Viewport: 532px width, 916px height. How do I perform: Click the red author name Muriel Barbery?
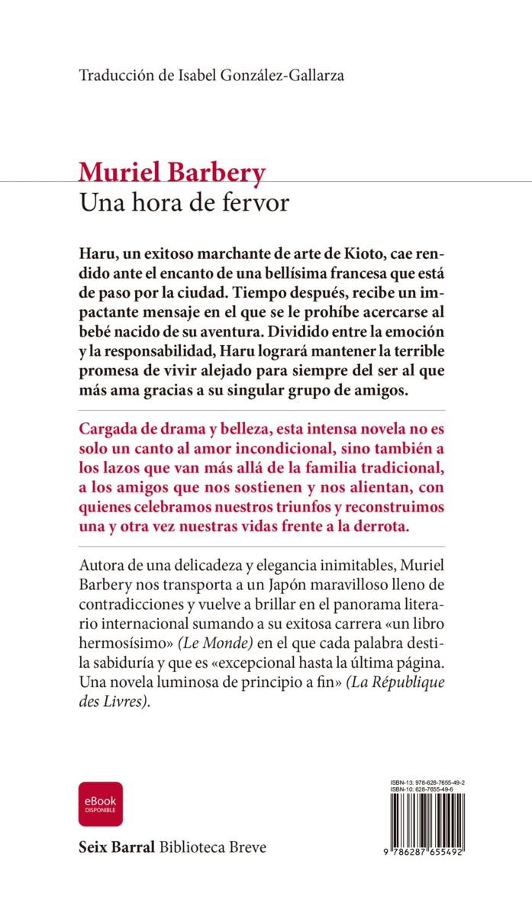pyautogui.click(x=172, y=173)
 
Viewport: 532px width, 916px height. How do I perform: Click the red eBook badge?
pyautogui.click(x=100, y=804)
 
